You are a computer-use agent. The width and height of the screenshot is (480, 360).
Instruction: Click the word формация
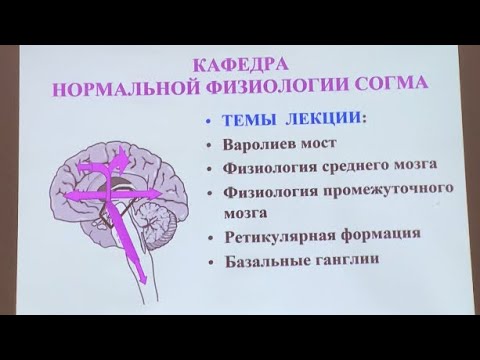pos(384,236)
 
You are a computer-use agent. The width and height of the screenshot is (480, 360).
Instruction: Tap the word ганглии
pos(358,262)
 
